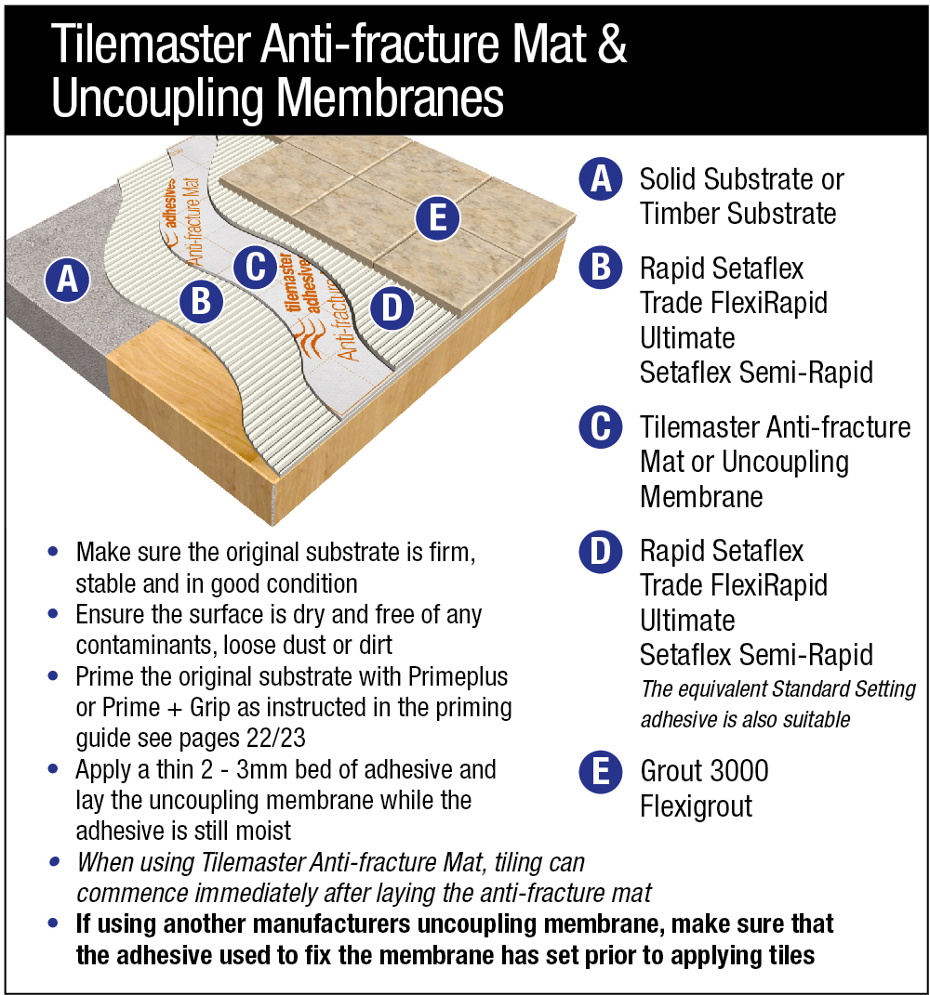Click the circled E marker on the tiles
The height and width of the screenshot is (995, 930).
(x=439, y=218)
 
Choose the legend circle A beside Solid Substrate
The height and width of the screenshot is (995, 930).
(x=601, y=178)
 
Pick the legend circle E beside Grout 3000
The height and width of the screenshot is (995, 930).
(x=601, y=771)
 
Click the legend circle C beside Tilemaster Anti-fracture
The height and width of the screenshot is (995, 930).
(x=601, y=427)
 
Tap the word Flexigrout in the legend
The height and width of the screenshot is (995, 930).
(x=696, y=806)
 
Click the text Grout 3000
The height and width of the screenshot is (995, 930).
(x=704, y=771)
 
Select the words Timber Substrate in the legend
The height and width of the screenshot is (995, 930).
(x=738, y=214)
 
